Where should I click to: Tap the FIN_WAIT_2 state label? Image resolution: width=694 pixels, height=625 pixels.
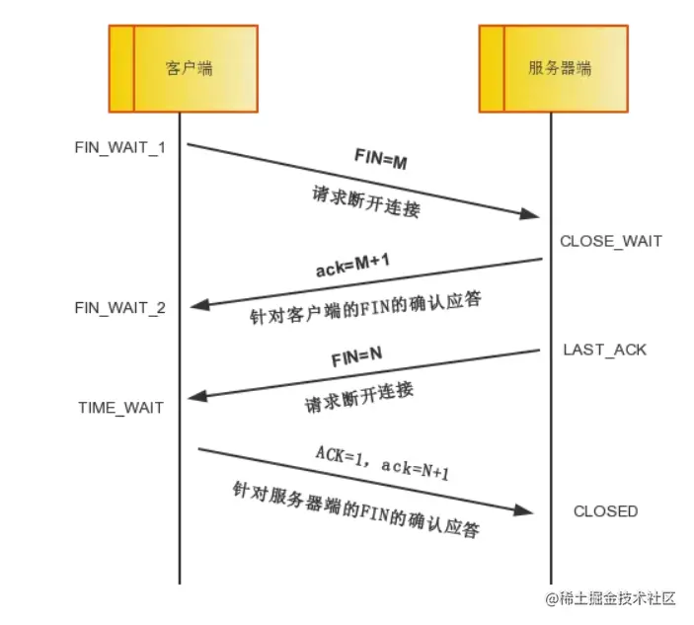pos(120,308)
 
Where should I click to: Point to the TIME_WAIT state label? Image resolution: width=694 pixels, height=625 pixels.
pos(122,407)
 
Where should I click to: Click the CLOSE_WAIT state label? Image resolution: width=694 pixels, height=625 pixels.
pos(611,241)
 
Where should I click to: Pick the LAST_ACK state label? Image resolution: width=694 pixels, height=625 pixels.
pos(605,350)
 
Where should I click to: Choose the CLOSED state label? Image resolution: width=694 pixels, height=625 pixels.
pos(605,511)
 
